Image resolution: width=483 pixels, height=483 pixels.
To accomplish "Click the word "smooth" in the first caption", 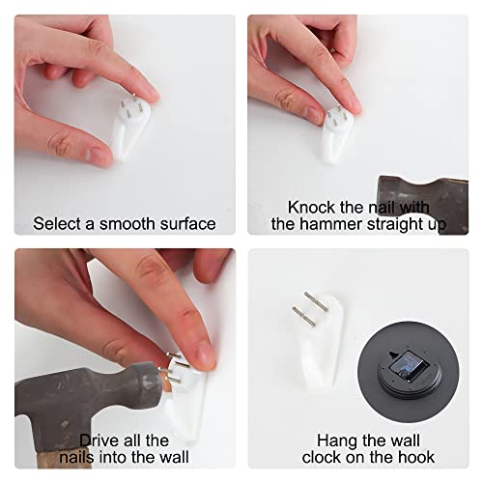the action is pos(128,224).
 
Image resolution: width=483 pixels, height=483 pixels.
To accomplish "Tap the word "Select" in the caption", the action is pos(57,224).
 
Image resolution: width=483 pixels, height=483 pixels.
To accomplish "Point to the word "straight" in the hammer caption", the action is pos(394,224).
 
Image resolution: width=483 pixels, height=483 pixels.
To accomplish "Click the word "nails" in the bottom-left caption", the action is pos(77,457).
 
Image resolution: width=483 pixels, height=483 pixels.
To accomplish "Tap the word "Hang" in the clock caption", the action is pos(336,440).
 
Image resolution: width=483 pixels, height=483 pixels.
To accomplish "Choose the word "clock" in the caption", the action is pos(322,457).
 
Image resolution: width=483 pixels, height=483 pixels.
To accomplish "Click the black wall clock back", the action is pos(409,371).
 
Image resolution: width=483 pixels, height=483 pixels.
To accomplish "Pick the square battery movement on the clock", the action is pos(410,366).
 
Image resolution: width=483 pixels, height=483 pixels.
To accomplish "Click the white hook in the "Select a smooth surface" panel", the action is pos(130,128).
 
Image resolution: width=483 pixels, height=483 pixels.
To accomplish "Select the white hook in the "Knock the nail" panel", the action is pos(336,135).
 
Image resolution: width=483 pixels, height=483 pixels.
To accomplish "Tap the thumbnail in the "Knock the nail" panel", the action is pos(314,114).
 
